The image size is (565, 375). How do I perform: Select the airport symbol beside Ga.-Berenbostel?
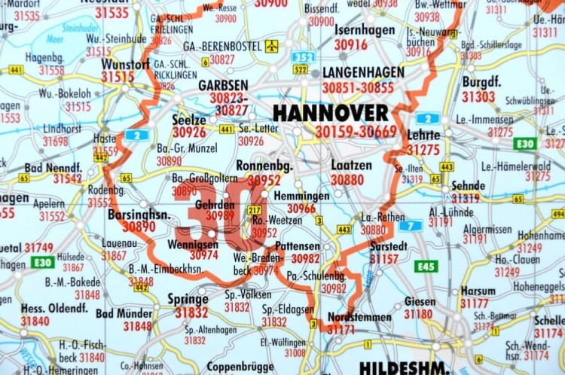pyautogui.click(x=271, y=46)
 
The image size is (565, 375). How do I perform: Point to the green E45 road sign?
pyautogui.click(x=426, y=266)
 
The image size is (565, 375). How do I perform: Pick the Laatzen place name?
pyautogui.click(x=347, y=165)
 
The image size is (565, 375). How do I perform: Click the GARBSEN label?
pyautogui.click(x=223, y=86)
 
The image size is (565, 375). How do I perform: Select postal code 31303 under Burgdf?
pyautogui.click(x=478, y=97)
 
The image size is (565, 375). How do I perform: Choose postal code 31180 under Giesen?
pyautogui.click(x=419, y=314)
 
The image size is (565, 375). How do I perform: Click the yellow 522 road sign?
pyautogui.click(x=301, y=69)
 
